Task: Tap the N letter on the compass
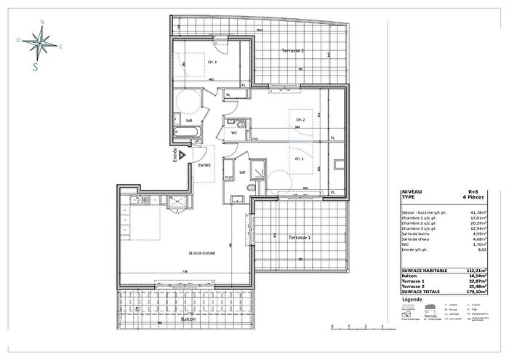click(x=43, y=23)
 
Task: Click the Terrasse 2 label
click(x=293, y=50)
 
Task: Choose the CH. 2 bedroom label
click(x=299, y=119)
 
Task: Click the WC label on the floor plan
click(x=234, y=133)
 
